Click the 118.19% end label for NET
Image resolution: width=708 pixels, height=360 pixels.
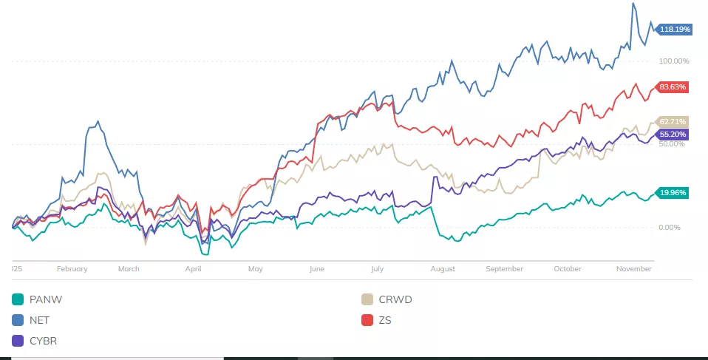675,30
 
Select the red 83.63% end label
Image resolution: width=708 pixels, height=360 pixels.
673,87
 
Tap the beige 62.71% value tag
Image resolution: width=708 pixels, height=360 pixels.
673,121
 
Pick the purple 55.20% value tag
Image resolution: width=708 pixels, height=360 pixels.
673,135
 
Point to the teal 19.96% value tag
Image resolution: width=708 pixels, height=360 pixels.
673,193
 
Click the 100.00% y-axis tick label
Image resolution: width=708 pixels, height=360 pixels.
673,61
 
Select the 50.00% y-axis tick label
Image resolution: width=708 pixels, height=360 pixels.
672,143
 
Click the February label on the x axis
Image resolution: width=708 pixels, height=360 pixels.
72,269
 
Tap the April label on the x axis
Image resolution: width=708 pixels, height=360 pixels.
193,269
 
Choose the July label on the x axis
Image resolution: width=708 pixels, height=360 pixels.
377,269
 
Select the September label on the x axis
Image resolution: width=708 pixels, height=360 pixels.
504,269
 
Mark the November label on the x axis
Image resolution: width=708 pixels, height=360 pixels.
633,269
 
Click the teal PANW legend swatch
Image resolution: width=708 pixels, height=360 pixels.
18,299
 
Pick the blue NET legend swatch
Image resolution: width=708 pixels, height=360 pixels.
18,320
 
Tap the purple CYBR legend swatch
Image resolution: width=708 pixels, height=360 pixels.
18,341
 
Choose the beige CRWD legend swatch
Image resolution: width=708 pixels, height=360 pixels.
367,299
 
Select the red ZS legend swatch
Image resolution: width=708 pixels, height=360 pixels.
367,320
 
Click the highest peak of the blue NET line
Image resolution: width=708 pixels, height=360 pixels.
633,4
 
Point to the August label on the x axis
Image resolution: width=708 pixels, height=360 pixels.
443,269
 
